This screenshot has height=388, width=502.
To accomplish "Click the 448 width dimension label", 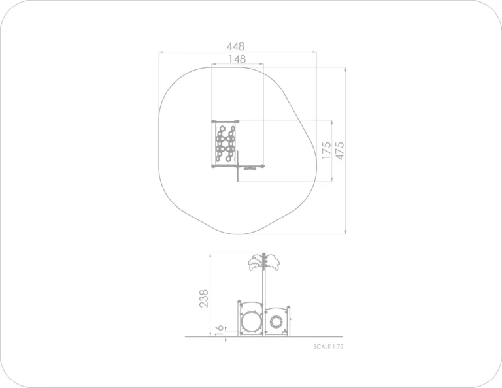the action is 235,46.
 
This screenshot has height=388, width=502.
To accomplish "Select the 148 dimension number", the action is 237,59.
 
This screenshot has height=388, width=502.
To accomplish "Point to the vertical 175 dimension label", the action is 326,150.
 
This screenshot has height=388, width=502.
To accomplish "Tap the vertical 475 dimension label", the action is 339,150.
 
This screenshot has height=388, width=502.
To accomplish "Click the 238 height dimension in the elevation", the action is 204,299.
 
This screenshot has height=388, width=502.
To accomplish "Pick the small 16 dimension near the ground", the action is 219,330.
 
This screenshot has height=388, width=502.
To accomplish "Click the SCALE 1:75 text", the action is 328,346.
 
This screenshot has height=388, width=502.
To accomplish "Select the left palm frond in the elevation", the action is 255,263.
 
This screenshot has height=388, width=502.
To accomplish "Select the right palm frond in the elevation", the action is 272,263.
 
